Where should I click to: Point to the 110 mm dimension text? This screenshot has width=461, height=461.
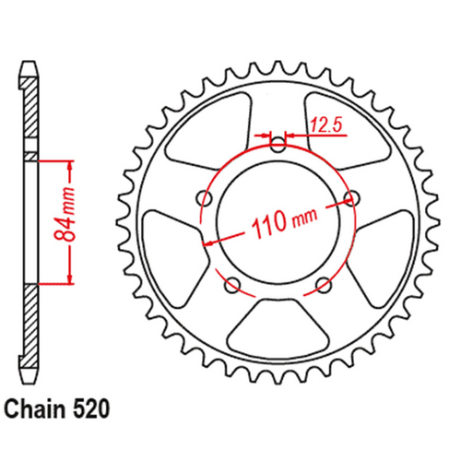click(278, 220)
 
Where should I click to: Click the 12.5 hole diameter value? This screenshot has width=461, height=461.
click(324, 120)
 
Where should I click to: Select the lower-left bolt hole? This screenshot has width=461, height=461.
click(232, 282)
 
